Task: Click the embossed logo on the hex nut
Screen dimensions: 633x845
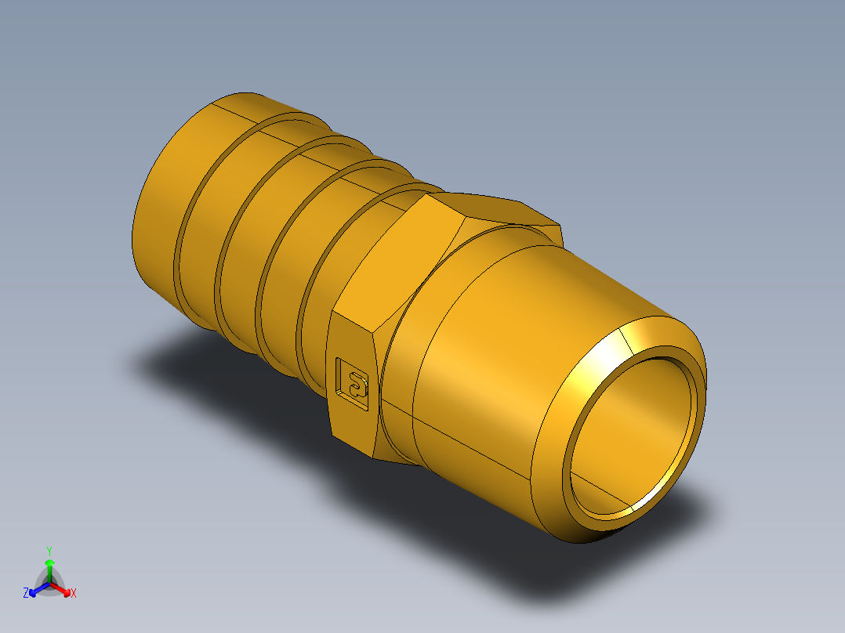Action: (352, 384)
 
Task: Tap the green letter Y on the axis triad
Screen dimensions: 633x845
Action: (49, 550)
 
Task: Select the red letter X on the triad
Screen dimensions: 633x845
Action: (74, 594)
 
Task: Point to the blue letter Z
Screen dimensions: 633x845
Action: (26, 594)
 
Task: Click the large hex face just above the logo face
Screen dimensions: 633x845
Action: (396, 259)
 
